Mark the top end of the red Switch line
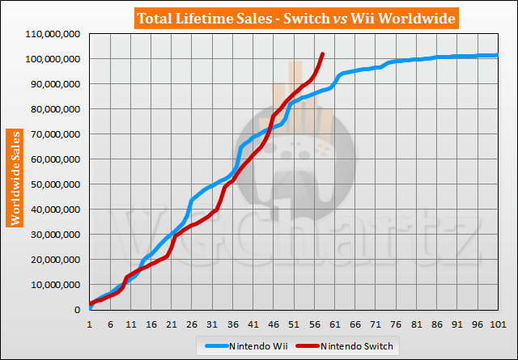323,54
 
